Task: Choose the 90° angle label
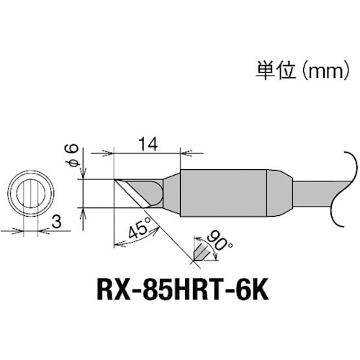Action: pos(214,239)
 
